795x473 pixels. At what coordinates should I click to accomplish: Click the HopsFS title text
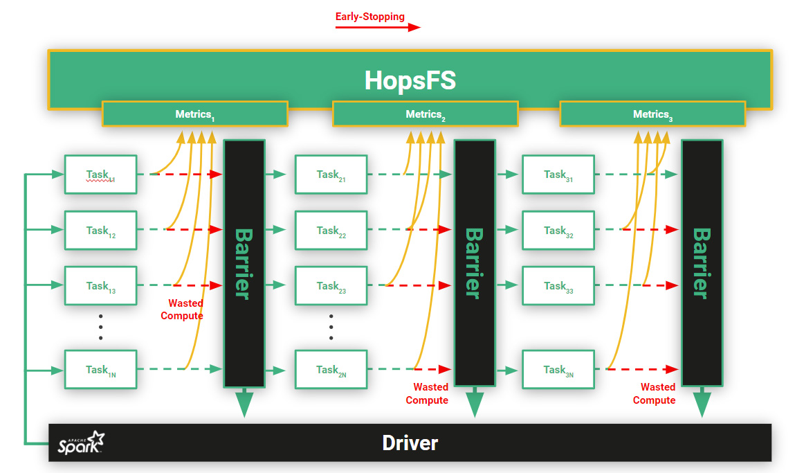410,81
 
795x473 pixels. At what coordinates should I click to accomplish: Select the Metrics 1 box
194,114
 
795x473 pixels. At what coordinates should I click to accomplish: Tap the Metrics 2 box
425,114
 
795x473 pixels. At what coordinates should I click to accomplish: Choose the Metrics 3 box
652,114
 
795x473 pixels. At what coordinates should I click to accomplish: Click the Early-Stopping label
369,17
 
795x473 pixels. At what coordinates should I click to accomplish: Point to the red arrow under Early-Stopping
377,28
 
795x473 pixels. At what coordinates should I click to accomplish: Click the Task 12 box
100,230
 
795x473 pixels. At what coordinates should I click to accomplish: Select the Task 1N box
100,369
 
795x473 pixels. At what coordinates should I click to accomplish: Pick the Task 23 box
331,285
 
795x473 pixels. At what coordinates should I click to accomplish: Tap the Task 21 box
331,175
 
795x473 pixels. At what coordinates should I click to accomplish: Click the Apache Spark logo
81,443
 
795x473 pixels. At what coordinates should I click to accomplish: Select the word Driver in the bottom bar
410,443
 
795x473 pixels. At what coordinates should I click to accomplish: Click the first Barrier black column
244,263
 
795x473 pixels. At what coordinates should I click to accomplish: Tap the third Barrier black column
702,263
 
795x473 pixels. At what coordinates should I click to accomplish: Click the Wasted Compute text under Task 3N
655,393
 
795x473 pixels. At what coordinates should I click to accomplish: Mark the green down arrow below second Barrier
474,403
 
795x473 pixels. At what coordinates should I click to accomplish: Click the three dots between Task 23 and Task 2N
331,326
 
